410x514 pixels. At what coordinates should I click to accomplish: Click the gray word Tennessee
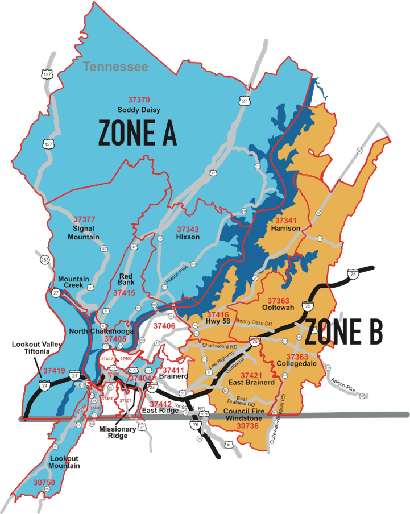click(x=115, y=67)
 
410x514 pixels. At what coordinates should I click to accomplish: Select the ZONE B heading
click(x=343, y=333)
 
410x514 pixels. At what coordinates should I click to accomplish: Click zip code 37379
click(x=139, y=100)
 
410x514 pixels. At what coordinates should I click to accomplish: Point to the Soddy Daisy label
click(x=139, y=109)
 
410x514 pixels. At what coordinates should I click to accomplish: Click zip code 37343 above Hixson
click(x=188, y=229)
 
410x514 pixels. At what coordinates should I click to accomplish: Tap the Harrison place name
click(x=286, y=228)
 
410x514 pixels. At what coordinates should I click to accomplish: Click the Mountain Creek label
click(x=74, y=282)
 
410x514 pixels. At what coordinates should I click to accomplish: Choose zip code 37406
click(x=163, y=326)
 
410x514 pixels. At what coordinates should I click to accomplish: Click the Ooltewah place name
click(x=278, y=308)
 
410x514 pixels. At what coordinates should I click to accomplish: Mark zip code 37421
click(x=251, y=375)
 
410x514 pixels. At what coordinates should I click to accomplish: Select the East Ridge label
click(x=158, y=410)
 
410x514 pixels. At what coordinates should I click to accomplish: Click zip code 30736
click(x=247, y=425)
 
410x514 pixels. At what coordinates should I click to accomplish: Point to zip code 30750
click(x=44, y=482)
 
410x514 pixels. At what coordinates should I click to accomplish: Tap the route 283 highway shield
click(x=45, y=260)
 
